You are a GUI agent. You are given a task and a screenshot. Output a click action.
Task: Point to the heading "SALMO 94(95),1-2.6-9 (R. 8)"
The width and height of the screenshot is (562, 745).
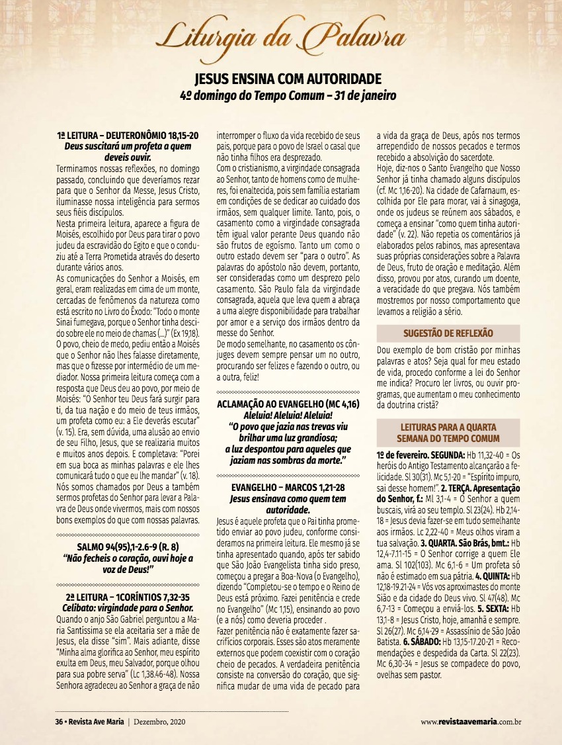click(x=127, y=546)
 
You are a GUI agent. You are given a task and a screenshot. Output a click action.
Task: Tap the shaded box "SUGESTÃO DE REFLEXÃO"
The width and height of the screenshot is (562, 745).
click(x=448, y=333)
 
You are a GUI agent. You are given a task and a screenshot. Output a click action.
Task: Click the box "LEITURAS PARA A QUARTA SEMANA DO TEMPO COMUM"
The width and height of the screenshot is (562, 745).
click(x=448, y=433)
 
